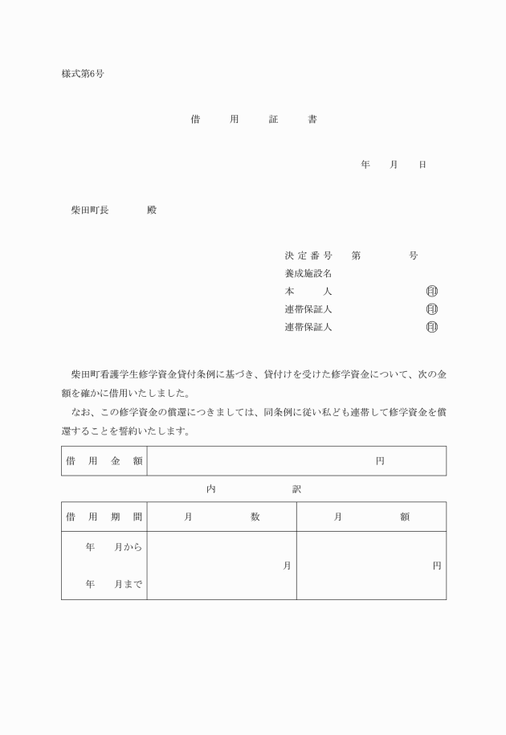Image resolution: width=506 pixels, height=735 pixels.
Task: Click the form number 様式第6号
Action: click(x=83, y=74)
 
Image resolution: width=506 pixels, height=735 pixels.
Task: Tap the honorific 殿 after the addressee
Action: click(x=152, y=210)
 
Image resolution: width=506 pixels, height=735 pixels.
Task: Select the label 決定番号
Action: click(x=308, y=255)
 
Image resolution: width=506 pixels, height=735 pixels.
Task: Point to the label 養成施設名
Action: click(x=308, y=273)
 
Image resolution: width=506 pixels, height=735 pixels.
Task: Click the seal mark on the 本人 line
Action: click(x=432, y=291)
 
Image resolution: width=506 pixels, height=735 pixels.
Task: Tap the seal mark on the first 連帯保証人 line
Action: click(x=432, y=309)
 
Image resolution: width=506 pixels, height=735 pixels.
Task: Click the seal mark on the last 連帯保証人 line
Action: click(x=432, y=327)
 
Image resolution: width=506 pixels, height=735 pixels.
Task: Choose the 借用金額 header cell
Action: click(x=104, y=461)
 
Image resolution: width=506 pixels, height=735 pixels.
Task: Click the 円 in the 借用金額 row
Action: click(x=380, y=461)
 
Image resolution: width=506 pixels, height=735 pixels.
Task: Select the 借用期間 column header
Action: click(x=104, y=517)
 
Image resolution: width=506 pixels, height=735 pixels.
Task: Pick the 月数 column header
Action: click(x=222, y=517)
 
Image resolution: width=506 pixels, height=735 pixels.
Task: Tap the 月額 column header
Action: click(x=371, y=517)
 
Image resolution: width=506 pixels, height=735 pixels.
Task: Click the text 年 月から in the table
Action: click(x=113, y=548)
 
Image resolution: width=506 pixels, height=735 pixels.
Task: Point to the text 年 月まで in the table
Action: click(x=113, y=585)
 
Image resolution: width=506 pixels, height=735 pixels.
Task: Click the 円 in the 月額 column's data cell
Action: click(x=437, y=566)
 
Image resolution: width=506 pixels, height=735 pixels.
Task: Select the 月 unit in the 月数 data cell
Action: click(x=287, y=566)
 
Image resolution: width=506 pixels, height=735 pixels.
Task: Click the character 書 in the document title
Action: click(x=312, y=120)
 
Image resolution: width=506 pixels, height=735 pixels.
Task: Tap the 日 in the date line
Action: click(x=422, y=165)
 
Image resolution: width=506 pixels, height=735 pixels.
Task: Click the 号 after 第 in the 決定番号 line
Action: click(x=413, y=255)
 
